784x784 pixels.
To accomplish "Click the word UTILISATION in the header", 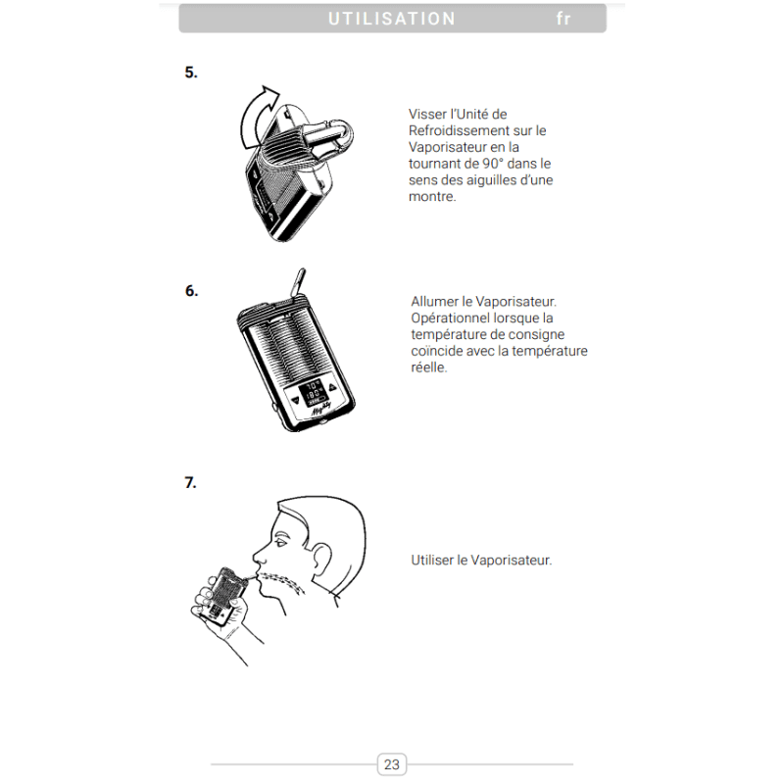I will pyautogui.click(x=392, y=19).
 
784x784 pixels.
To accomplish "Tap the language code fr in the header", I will pyautogui.click(x=563, y=19).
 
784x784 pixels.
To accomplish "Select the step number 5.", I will pyautogui.click(x=191, y=72).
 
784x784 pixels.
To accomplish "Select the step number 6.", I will pyautogui.click(x=191, y=290).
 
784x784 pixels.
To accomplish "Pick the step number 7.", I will pyautogui.click(x=191, y=482).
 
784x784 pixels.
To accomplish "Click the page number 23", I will pyautogui.click(x=392, y=764).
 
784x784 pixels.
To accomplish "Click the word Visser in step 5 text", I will pyautogui.click(x=427, y=115).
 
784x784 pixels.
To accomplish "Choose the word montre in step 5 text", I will pyautogui.click(x=432, y=197).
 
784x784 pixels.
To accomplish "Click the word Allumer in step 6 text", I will pyautogui.click(x=435, y=302).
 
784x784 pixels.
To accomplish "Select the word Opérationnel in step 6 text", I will pyautogui.click(x=453, y=318).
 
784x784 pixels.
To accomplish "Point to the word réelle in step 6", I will pyautogui.click(x=429, y=368).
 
